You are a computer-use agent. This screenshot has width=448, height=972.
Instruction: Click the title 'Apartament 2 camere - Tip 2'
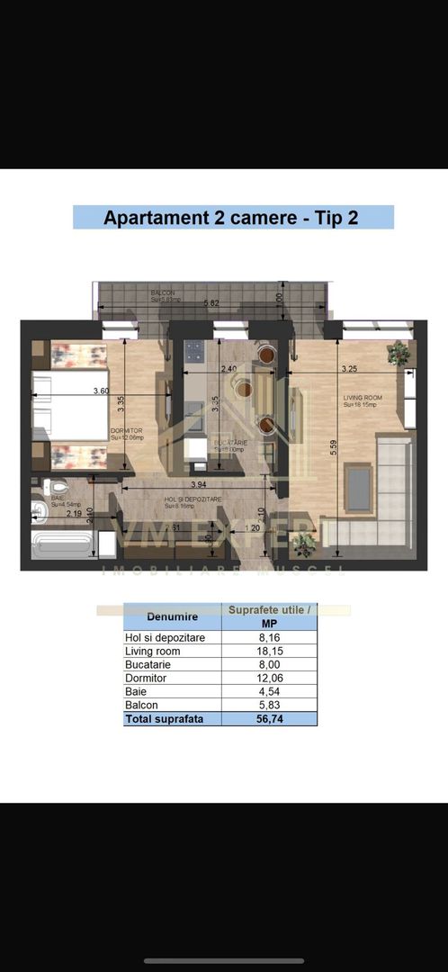(233, 218)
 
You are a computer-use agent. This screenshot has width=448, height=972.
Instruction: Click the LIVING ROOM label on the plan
(363, 397)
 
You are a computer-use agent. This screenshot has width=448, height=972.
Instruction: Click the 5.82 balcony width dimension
(211, 303)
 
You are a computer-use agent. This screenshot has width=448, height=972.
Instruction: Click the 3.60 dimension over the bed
(100, 390)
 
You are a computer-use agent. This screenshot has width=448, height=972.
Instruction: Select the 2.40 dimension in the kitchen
(228, 368)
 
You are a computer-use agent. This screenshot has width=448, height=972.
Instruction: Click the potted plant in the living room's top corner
(398, 353)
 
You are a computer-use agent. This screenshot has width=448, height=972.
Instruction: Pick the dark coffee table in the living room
(359, 487)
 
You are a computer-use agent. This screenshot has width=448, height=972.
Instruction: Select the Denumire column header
(172, 617)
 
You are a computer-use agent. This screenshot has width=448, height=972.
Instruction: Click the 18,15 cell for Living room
(268, 651)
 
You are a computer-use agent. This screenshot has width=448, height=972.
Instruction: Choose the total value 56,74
(268, 719)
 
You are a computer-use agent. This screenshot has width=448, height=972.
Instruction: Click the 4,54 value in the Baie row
(268, 691)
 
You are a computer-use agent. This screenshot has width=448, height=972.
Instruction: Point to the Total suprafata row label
(164, 719)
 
